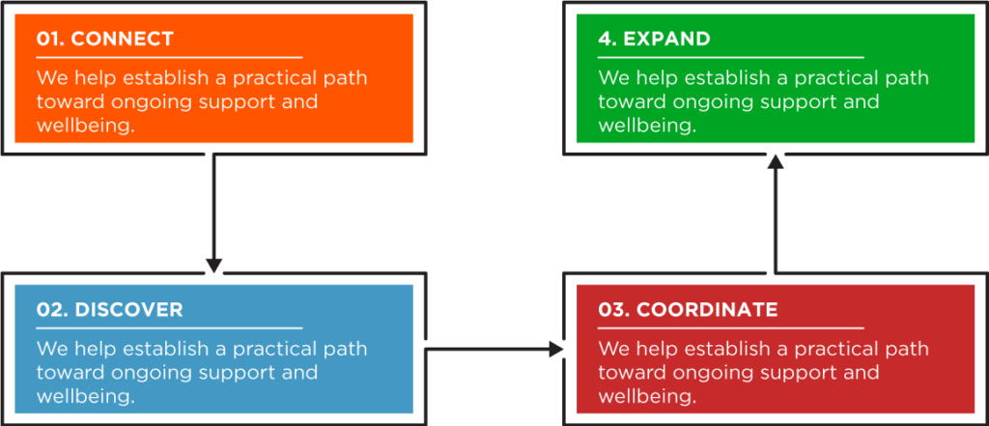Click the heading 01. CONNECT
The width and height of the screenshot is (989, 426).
point(104,40)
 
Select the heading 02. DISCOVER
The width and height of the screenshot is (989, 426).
point(110,310)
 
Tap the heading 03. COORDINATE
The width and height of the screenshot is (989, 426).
point(688,310)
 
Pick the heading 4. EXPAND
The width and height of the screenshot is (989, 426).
point(654,40)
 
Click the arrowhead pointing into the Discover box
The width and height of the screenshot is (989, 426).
point(214,265)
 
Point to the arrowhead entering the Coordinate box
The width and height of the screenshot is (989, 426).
point(556,349)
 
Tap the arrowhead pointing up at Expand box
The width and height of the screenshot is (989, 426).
point(776,162)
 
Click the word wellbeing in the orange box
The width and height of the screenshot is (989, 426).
point(86,126)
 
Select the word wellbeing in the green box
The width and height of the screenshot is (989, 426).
point(647,126)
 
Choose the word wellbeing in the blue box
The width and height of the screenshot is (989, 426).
point(86,396)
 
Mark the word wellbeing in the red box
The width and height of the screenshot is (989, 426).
point(647,396)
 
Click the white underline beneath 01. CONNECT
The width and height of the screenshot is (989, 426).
point(169,57)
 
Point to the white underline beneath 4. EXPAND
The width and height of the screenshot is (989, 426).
point(730,57)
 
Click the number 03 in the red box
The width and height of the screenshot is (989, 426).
point(612,310)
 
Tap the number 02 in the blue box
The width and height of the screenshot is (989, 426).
point(52,310)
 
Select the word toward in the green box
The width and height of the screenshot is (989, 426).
point(632,102)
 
